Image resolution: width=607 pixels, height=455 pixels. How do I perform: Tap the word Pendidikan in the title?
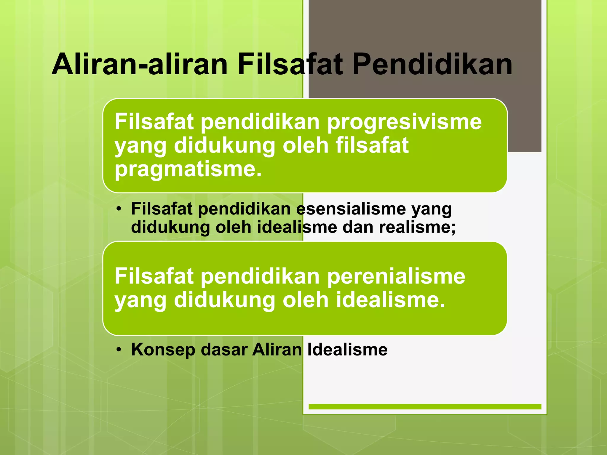(432, 64)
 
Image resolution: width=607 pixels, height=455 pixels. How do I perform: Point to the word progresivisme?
(404, 122)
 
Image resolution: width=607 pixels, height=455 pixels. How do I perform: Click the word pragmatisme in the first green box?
(188, 169)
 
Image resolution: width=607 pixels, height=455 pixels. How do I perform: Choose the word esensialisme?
(351, 209)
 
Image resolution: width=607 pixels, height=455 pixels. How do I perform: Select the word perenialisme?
(396, 276)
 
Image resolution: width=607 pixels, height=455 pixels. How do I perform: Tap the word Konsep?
(163, 350)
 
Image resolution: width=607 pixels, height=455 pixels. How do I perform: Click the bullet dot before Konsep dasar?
(119, 350)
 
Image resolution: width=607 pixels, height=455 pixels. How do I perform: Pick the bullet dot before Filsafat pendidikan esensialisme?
(119, 209)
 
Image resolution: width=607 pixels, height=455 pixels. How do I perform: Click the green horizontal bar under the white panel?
(425, 407)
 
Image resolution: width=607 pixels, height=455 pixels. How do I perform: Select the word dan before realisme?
(358, 227)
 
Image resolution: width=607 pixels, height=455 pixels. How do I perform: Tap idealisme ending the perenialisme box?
(390, 300)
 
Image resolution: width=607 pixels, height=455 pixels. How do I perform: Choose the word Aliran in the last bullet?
(277, 350)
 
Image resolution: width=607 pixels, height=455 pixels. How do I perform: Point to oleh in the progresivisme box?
(306, 146)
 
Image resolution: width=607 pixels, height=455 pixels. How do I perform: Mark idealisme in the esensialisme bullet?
(297, 227)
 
